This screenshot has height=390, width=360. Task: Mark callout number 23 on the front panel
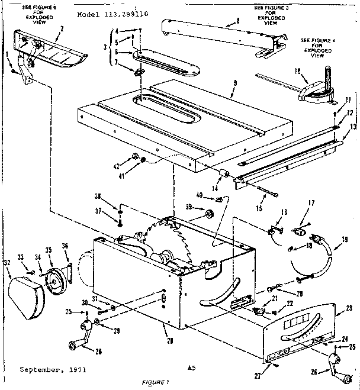349,307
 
